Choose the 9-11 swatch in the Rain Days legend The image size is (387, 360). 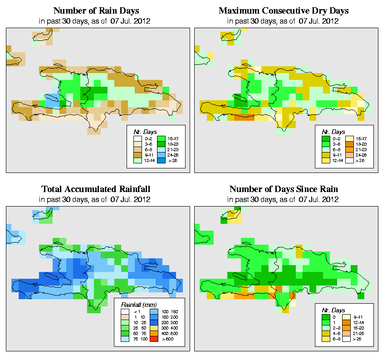pos(137,155)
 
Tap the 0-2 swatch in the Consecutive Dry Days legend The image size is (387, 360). pos(325,137)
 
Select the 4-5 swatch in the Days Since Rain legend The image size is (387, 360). pos(325,333)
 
